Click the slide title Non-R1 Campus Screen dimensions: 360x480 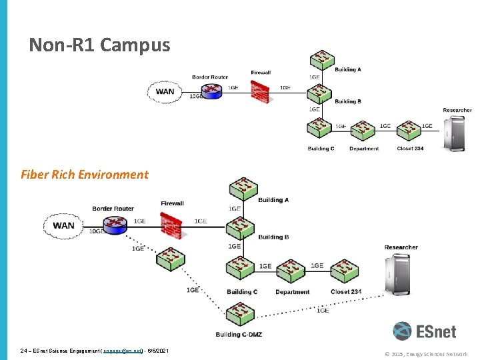99,45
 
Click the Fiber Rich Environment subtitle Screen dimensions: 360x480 85,175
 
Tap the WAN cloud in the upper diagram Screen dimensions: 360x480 165,92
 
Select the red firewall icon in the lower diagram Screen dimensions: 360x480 171,225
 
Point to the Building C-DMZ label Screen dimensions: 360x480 238,334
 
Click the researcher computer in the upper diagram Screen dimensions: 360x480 457,133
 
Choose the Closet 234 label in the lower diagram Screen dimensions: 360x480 346,292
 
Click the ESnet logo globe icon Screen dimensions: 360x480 402,331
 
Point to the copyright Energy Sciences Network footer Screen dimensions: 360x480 427,354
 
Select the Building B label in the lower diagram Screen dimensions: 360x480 273,237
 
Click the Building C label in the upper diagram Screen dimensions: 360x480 321,149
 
